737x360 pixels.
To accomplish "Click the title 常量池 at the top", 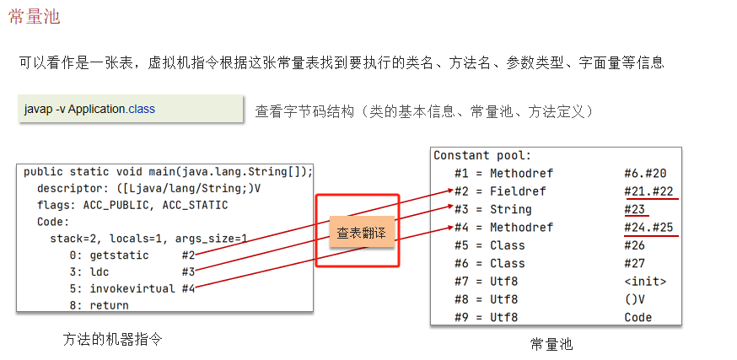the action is point(34,17).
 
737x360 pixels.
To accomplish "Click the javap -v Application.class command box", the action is point(89,110).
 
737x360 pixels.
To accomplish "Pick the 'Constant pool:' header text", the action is point(482,156).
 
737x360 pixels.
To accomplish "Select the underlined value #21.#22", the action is point(649,191).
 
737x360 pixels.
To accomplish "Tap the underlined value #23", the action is point(635,209).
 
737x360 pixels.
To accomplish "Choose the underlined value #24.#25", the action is point(649,227).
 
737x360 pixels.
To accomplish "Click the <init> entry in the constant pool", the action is point(645,282).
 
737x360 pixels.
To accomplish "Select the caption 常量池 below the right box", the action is point(551,344).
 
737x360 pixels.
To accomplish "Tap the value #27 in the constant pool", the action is point(634,264).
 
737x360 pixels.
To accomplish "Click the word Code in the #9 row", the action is point(638,317).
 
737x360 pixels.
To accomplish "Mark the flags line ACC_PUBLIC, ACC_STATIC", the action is point(132,205).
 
